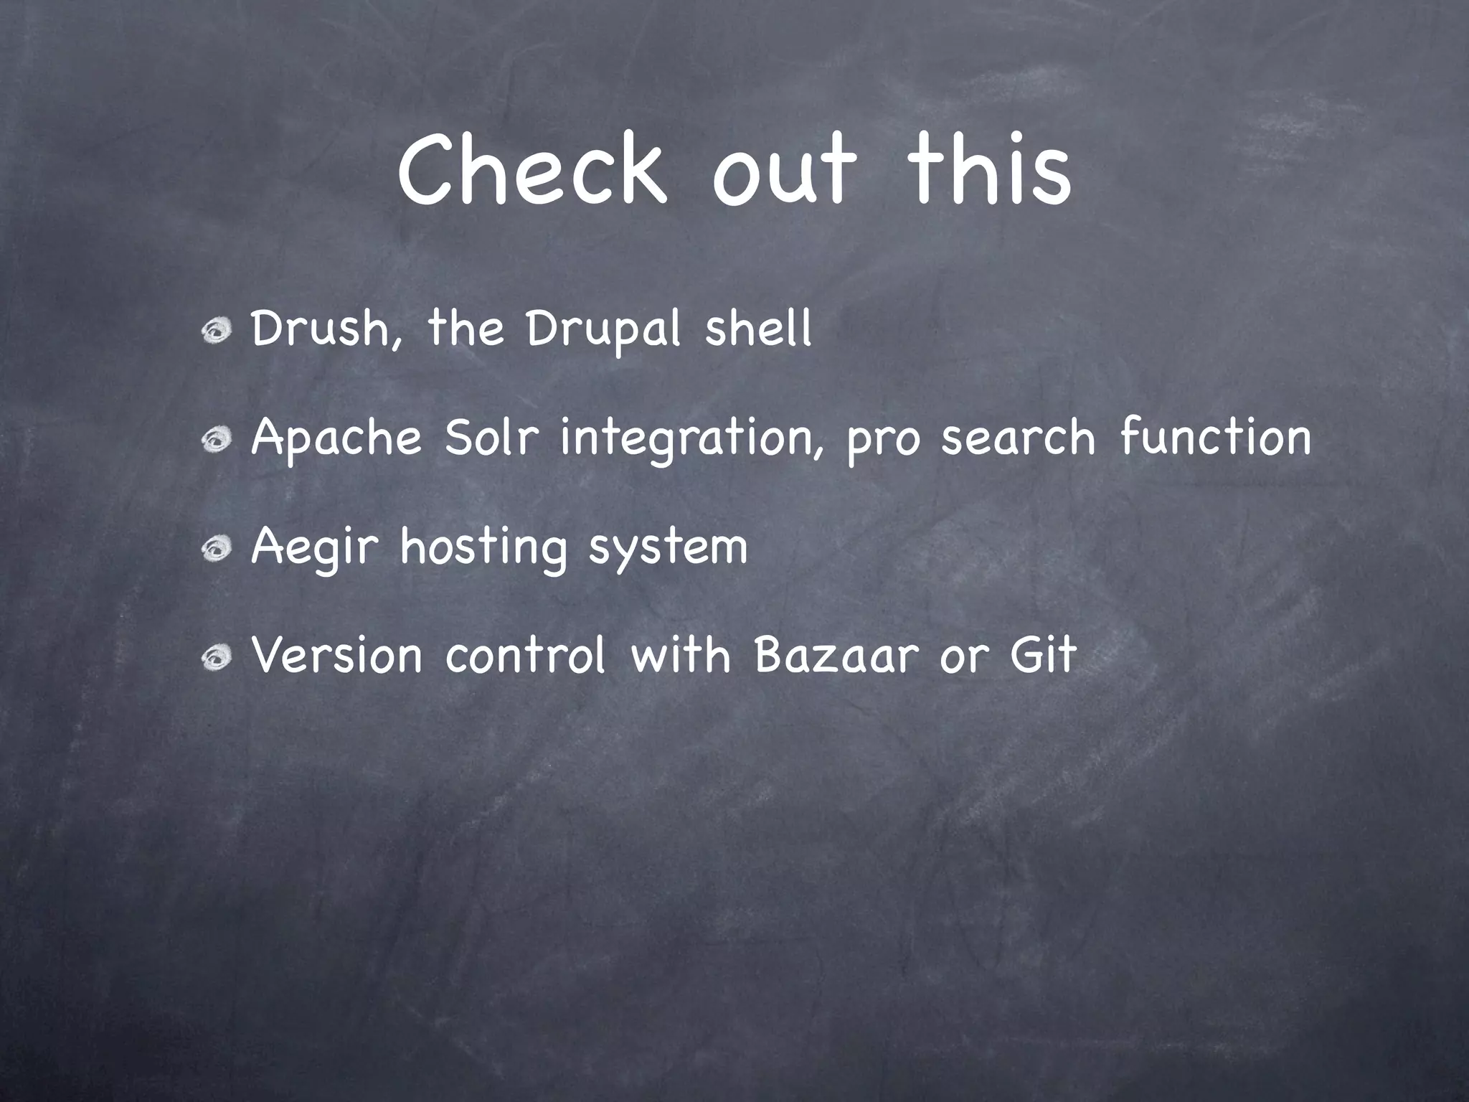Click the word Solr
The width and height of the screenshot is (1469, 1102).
[x=491, y=438]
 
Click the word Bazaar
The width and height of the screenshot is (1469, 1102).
[x=836, y=656]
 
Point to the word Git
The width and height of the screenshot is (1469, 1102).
[x=1043, y=656]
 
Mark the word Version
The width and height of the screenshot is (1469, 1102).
[x=336, y=656]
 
